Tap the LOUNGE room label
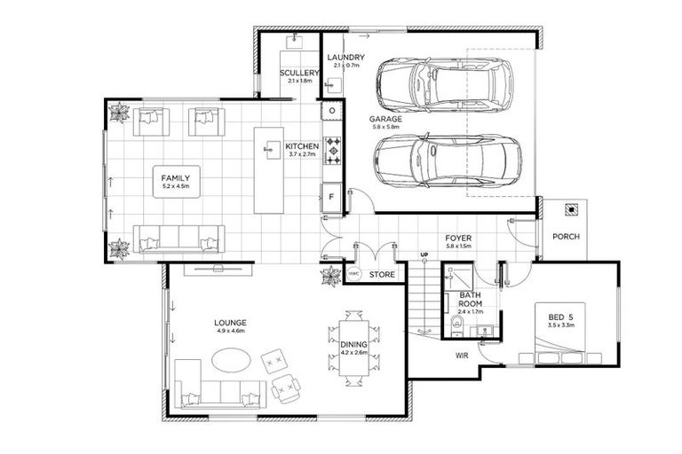pyautogui.click(x=229, y=322)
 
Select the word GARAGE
pyautogui.click(x=386, y=118)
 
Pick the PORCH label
pyautogui.click(x=566, y=237)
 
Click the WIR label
pyautogui.click(x=462, y=356)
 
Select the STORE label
pyautogui.click(x=382, y=276)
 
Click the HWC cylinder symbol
pyautogui.click(x=353, y=275)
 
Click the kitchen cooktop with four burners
pyautogui.click(x=332, y=151)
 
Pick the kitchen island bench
pyautogui.click(x=268, y=169)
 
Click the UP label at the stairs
pyautogui.click(x=424, y=256)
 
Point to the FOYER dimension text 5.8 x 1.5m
pyautogui.click(x=459, y=248)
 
